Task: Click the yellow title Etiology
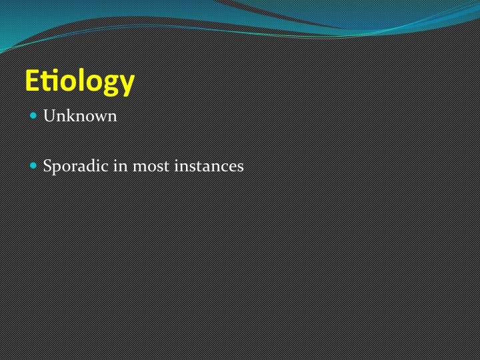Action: [x=80, y=81]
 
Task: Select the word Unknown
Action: [x=80, y=116]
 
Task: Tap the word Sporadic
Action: [x=76, y=167]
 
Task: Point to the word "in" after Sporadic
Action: [x=120, y=165]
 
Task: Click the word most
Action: [x=151, y=166]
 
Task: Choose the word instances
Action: [x=209, y=166]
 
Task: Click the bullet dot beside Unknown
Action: [x=33, y=116]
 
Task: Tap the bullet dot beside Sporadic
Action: [x=33, y=165]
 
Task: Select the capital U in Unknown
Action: [x=50, y=116]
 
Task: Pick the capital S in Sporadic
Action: [x=47, y=165]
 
